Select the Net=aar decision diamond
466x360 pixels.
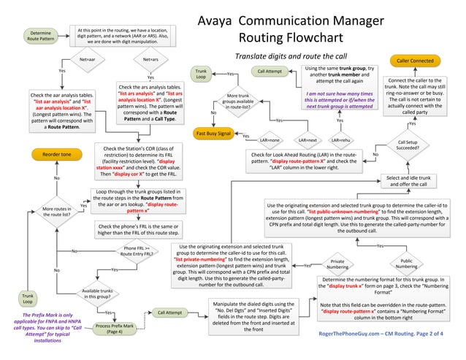(x=87, y=58)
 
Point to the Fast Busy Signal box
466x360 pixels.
(x=213, y=134)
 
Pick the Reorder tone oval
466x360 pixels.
(x=56, y=155)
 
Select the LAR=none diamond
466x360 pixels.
(x=270, y=139)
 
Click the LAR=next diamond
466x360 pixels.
(x=308, y=139)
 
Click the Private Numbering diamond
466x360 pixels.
(x=337, y=264)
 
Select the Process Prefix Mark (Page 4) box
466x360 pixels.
(x=115, y=328)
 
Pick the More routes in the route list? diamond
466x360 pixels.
(x=56, y=212)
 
